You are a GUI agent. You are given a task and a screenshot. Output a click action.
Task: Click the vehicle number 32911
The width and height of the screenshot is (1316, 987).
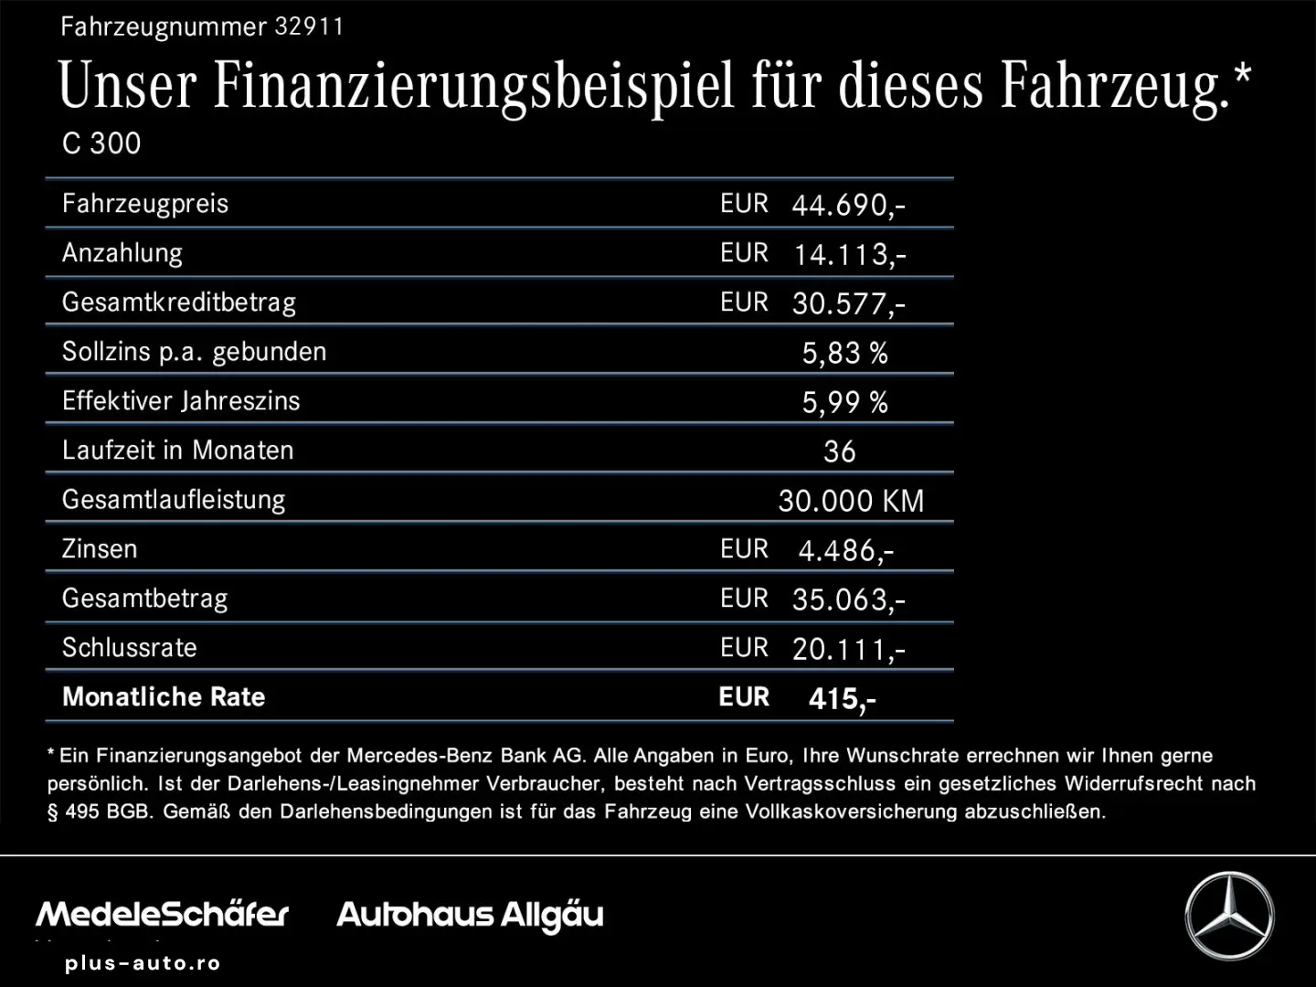point(309,27)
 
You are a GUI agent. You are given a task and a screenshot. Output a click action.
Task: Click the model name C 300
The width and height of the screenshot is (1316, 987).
point(101,143)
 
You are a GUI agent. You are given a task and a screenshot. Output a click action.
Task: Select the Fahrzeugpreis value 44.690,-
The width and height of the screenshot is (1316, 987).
point(848,205)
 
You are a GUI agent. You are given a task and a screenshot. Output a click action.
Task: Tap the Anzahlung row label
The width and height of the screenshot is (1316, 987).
point(122,253)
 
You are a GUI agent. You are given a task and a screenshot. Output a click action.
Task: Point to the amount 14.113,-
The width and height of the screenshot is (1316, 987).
point(849,254)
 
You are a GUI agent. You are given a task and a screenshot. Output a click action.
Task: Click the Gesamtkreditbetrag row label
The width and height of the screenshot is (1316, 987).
point(179,302)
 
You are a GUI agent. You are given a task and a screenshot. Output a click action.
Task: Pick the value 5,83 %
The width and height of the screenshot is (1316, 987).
point(844,353)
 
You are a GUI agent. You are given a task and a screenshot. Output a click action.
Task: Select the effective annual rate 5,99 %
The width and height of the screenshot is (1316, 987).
point(844,402)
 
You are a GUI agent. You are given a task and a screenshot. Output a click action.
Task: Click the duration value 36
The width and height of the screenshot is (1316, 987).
point(839,451)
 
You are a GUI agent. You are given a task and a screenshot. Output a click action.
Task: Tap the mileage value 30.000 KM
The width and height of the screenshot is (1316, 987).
point(851,501)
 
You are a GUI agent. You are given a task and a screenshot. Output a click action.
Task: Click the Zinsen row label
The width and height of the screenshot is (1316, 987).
point(100,549)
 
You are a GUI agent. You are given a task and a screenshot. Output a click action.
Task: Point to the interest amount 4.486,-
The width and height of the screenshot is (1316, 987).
point(845,550)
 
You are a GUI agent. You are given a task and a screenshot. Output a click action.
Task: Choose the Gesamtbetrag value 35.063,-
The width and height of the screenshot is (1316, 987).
point(848,600)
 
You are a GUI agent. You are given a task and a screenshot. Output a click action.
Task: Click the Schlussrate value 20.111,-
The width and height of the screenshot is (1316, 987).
point(848,649)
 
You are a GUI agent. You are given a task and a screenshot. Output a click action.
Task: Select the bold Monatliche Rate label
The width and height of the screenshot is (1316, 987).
point(164,697)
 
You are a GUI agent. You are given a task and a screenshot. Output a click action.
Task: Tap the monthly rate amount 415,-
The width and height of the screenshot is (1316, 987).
point(842,699)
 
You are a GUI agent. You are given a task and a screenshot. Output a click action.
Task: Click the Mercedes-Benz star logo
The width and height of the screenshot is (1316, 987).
point(1229,916)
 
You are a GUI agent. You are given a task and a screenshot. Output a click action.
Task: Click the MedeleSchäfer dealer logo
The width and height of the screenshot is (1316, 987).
point(162,914)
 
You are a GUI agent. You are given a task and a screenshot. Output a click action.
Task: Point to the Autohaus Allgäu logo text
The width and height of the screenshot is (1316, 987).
point(470,915)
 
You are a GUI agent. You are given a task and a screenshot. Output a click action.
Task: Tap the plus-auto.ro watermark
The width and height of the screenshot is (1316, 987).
point(143,963)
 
